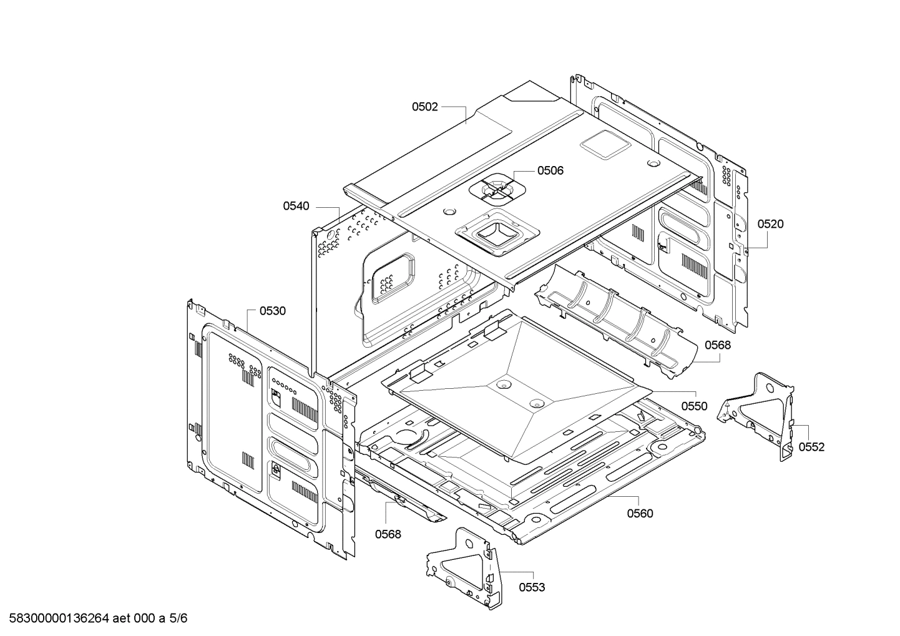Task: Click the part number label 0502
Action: coord(424,107)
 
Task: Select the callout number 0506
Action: coord(550,171)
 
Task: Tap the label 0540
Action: coord(296,206)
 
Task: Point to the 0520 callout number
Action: coord(771,224)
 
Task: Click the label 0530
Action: coord(272,311)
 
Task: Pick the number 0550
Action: coord(694,406)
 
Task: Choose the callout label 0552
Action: coord(811,447)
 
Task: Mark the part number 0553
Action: coord(532,587)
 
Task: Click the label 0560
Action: coord(640,513)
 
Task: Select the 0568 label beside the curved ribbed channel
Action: coord(718,345)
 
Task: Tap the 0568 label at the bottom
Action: coord(388,534)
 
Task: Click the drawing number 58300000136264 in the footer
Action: coord(59,619)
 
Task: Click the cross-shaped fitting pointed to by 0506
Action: coord(497,189)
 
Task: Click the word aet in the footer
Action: coord(122,619)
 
